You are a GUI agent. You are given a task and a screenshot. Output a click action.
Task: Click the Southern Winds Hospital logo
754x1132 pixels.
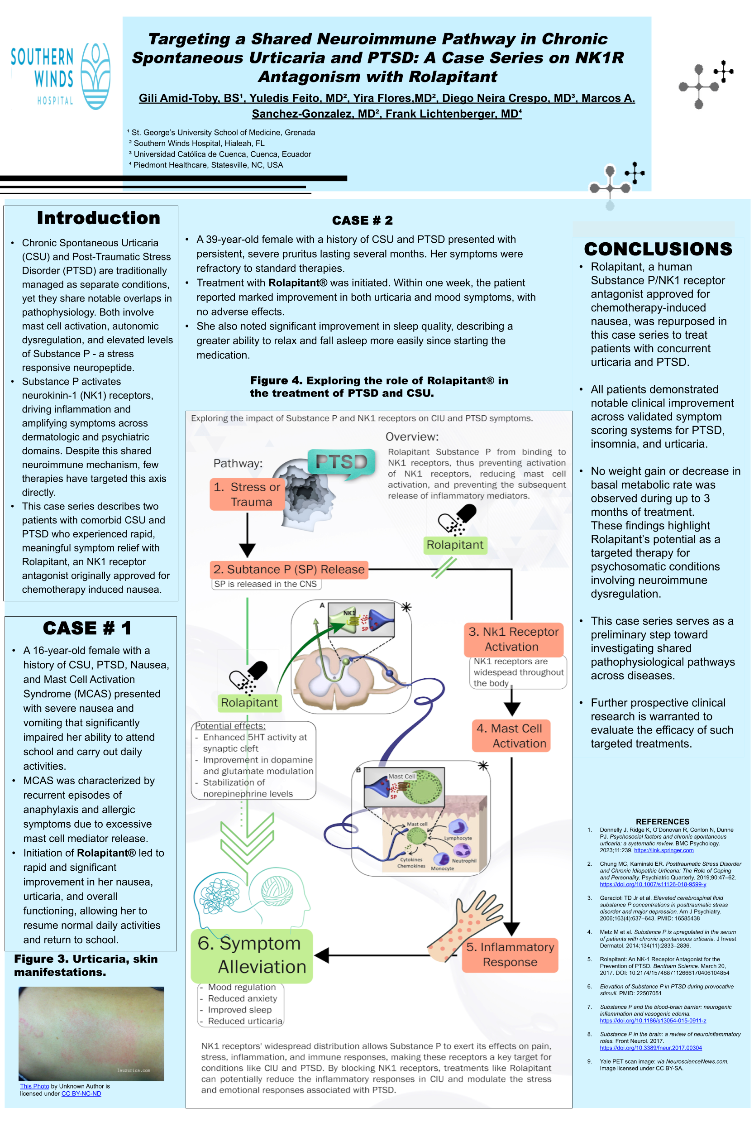tap(61, 76)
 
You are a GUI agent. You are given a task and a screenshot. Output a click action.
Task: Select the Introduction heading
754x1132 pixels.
tap(99, 218)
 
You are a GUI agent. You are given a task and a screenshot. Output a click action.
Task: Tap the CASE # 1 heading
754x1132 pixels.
tap(87, 628)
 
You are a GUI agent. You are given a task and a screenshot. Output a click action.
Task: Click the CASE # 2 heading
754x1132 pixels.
tap(363, 221)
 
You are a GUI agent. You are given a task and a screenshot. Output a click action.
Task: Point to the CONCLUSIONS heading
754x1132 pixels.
tap(658, 249)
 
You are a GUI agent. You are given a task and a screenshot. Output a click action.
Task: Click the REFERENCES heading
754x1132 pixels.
tap(662, 821)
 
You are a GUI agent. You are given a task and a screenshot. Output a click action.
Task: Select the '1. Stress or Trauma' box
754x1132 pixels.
tap(247, 494)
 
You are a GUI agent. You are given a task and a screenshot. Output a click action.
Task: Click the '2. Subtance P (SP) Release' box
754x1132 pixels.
tap(289, 570)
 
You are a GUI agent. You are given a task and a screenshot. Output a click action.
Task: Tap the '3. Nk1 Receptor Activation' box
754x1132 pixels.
tap(513, 639)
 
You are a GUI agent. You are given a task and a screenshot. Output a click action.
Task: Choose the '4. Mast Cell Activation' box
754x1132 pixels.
tap(511, 736)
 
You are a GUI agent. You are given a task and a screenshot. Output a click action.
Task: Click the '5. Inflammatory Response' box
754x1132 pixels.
tap(510, 955)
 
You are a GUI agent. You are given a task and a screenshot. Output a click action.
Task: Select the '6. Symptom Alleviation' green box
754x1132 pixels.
tap(252, 955)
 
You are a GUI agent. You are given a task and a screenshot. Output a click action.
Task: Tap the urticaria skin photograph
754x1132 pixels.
tap(91, 1033)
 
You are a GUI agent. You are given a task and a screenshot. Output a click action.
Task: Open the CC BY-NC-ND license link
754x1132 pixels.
tap(81, 1094)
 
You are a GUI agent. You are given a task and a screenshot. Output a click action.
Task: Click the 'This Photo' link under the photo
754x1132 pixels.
tap(34, 1086)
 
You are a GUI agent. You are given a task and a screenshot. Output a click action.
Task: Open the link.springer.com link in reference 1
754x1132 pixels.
tap(663, 850)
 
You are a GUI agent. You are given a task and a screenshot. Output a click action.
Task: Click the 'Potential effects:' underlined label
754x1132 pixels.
tap(230, 726)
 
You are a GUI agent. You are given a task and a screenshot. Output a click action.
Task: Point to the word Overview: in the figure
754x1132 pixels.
tap(412, 437)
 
